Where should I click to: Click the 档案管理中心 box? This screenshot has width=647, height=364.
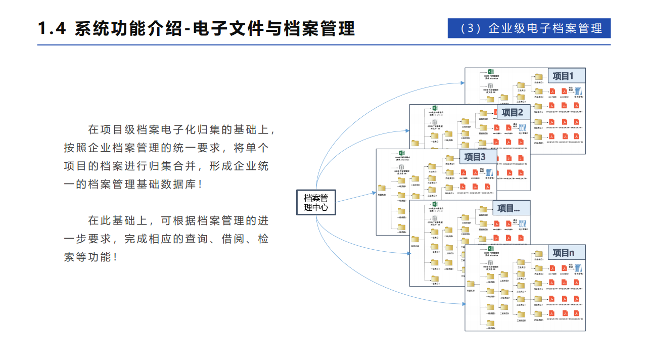[x=316, y=202]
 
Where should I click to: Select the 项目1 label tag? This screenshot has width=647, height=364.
[x=563, y=76]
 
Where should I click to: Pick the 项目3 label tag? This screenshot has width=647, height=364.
[x=475, y=157]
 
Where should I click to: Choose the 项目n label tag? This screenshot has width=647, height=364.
[x=563, y=253]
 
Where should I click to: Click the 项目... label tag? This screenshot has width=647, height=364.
[x=512, y=208]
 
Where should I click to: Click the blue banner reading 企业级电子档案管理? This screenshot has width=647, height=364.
[x=529, y=28]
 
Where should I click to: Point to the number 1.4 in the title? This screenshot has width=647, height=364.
[x=52, y=29]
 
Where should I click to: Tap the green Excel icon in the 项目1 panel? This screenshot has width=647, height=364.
[x=490, y=72]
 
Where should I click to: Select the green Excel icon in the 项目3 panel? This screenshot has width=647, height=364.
[x=401, y=153]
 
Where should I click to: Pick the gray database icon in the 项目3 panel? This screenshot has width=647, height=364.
[x=402, y=167]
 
